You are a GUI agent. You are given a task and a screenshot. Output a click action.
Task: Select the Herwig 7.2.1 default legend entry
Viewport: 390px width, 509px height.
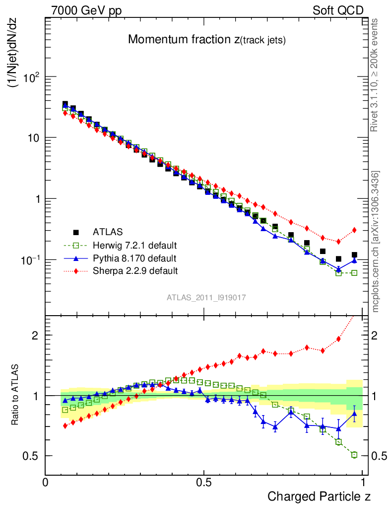pos(134,245)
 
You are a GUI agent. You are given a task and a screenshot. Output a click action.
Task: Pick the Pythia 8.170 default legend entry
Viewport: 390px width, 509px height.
pos(134,258)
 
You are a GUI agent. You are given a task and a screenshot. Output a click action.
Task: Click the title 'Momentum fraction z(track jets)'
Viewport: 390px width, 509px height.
pos(206,40)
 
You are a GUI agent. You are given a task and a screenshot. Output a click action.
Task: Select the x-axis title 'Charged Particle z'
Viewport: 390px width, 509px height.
pos(319,496)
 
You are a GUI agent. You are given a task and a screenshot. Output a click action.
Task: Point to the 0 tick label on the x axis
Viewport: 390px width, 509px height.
pos(45,482)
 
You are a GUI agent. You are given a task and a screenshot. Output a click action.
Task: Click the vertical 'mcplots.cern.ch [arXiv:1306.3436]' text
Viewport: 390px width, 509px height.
pos(376,242)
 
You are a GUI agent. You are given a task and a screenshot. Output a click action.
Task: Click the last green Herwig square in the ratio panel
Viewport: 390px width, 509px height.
pos(354,455)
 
